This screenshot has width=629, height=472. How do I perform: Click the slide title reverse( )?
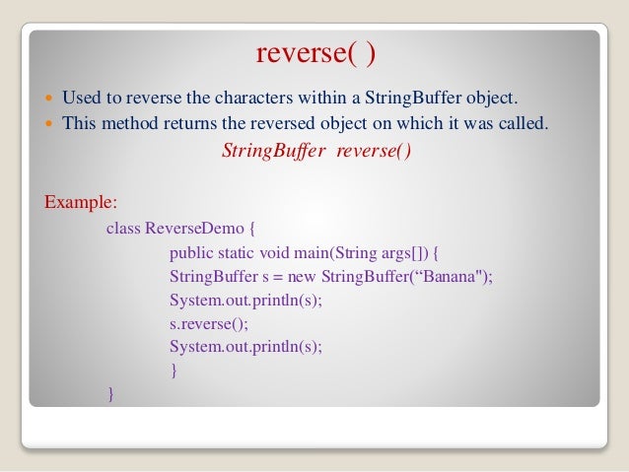pos(315,53)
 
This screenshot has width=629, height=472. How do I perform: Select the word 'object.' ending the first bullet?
pos(490,99)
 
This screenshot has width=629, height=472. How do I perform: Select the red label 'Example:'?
pos(81,203)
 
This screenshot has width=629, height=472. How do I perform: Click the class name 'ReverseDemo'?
pos(191,229)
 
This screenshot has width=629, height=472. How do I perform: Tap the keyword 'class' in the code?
pos(123,229)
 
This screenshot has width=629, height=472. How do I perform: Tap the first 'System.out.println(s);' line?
pos(245,300)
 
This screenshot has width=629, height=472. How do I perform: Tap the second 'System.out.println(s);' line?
pos(245,347)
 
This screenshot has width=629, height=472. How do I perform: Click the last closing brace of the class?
pos(110,395)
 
